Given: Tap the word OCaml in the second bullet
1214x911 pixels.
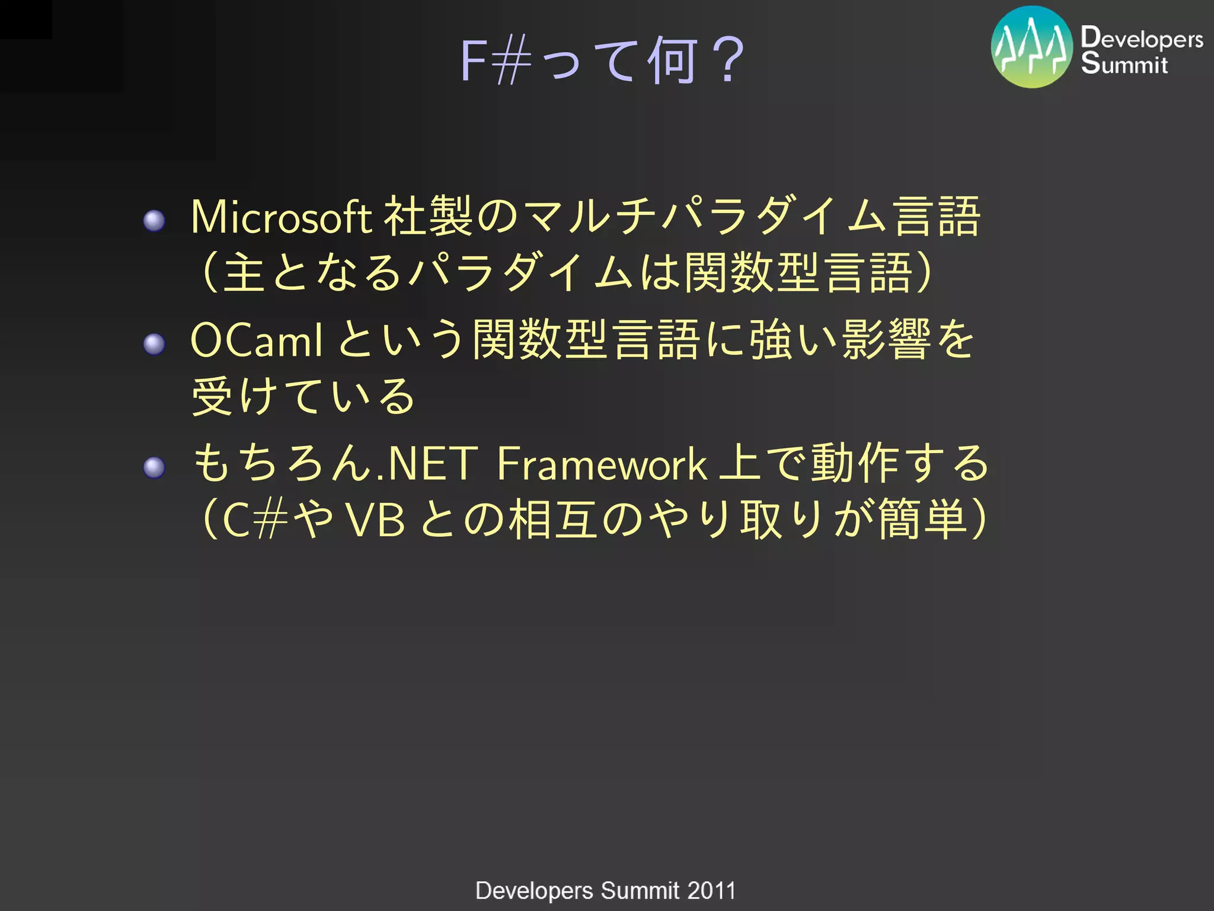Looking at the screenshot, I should point(257,340).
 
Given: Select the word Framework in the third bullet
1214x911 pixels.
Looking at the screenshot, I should point(601,464).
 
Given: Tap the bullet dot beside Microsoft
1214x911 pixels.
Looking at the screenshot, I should point(155,221).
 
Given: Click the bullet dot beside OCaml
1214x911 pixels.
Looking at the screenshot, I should point(155,343).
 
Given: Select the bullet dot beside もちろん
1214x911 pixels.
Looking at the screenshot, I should point(155,467).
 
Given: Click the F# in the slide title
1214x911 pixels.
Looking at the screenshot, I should point(496,60).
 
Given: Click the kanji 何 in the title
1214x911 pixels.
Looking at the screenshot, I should point(671,60).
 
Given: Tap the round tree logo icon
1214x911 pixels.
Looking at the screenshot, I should point(1032,47).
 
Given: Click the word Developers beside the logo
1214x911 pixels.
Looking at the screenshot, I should point(1142,38).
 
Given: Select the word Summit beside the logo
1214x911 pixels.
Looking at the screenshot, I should point(1124,63).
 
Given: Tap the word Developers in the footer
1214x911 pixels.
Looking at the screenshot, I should point(534,891).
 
